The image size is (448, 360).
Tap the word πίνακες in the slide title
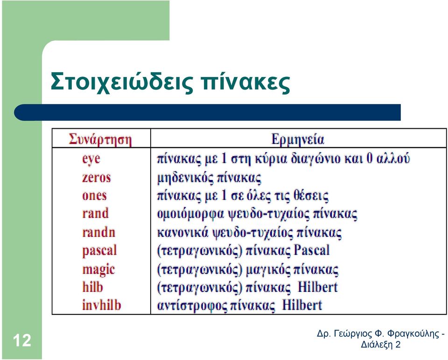[x=245, y=83]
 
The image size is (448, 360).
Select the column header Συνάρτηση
[x=100, y=139]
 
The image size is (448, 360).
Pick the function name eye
[x=91, y=159]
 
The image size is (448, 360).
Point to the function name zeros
[x=96, y=177]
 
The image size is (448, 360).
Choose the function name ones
[x=94, y=195]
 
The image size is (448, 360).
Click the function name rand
[x=95, y=213]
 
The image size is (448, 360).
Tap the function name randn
[x=99, y=232]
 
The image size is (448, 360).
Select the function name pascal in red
[x=99, y=251]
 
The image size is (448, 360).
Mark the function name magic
[x=98, y=270]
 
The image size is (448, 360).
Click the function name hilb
[x=92, y=287]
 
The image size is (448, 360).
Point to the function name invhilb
[x=102, y=305]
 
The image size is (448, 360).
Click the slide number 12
[x=22, y=340]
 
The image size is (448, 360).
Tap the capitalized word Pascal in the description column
[x=312, y=250]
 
